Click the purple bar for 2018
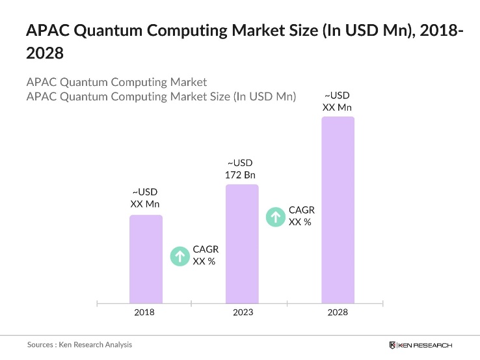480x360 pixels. [x=146, y=258]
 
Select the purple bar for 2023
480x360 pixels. [x=242, y=243]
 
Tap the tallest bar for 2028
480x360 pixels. [x=338, y=210]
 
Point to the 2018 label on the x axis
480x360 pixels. [x=144, y=312]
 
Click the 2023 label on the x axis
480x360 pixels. [x=243, y=312]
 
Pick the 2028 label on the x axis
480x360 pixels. [x=338, y=312]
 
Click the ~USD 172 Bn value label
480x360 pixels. [x=240, y=169]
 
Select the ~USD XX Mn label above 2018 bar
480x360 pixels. [x=144, y=198]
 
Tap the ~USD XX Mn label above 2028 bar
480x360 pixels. [x=338, y=101]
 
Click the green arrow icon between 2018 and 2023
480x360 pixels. [x=180, y=256]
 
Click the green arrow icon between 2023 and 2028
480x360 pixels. [x=276, y=217]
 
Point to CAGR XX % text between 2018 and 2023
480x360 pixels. [x=206, y=256]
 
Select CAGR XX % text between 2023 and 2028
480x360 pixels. [x=301, y=216]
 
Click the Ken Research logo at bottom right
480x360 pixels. [x=420, y=345]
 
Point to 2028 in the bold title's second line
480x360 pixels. [x=45, y=53]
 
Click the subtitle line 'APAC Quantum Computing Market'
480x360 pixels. [x=116, y=83]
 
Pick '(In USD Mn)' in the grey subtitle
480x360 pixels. [x=263, y=96]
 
